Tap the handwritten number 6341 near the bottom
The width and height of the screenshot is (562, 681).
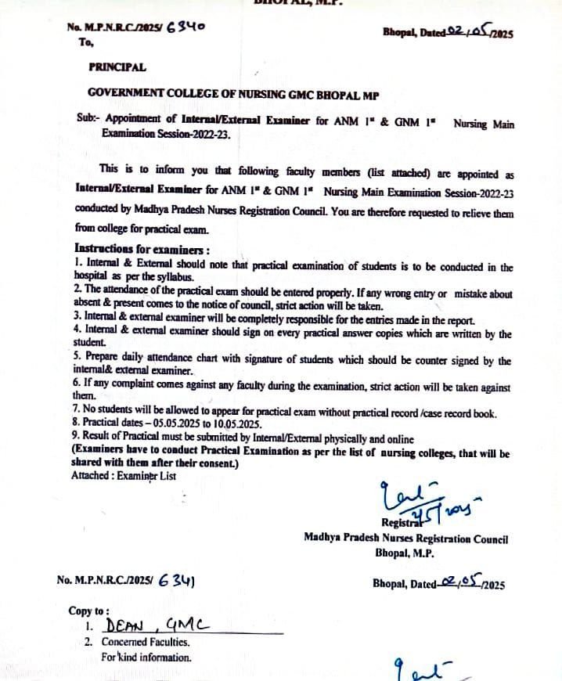(175, 580)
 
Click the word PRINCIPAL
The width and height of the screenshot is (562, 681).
(117, 67)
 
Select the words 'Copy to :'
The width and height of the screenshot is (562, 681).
(89, 611)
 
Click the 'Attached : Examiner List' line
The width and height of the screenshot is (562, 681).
(124, 475)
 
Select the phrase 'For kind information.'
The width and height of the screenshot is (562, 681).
(146, 658)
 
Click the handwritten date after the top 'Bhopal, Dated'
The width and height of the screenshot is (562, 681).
(467, 32)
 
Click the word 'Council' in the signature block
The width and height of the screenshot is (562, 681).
(489, 539)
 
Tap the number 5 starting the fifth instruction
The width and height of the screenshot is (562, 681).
(74, 362)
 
